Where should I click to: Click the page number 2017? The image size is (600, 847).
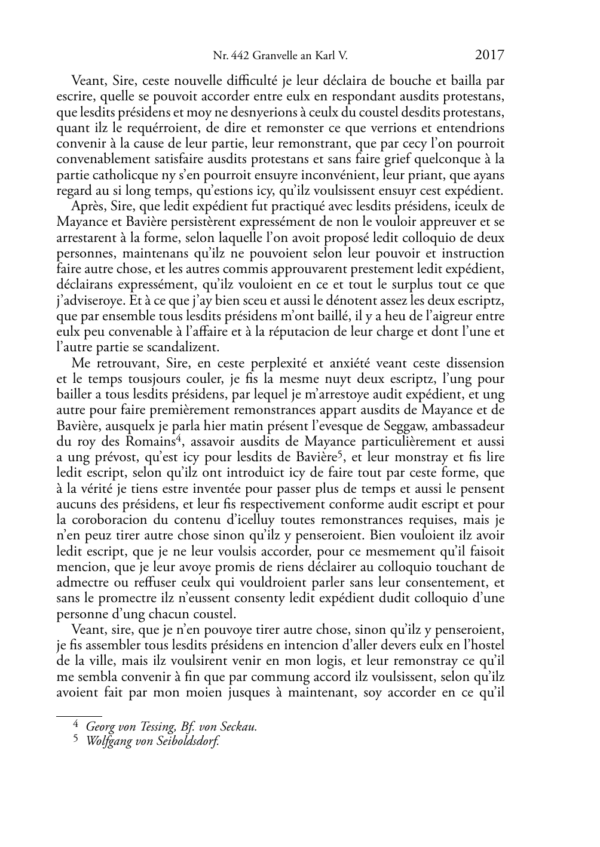489,56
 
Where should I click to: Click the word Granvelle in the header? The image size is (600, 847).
273,57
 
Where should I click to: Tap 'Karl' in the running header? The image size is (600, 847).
325,57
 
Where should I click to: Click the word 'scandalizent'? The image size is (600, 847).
192,347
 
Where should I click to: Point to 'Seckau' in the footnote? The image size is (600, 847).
240,727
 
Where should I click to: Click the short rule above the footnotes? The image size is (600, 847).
79,714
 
